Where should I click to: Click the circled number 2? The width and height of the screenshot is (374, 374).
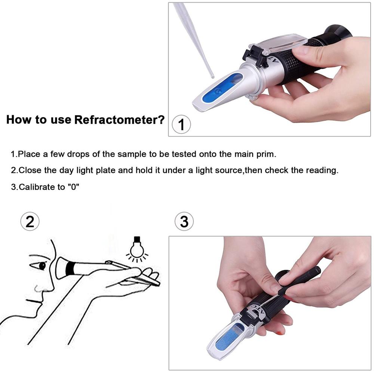pyautogui.click(x=30, y=222)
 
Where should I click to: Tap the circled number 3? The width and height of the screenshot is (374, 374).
pyautogui.click(x=184, y=222)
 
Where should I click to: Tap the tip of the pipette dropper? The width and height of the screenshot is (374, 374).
pyautogui.click(x=212, y=76)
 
